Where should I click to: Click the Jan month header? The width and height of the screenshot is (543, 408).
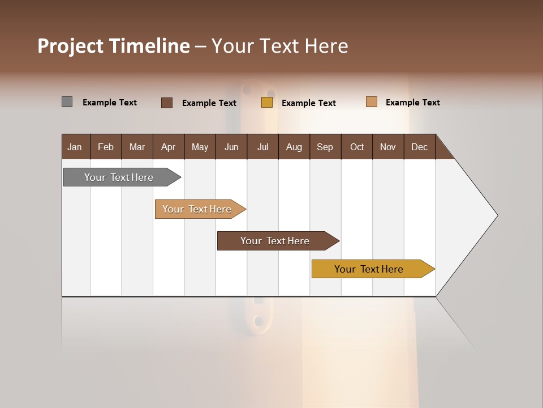pyautogui.click(x=75, y=147)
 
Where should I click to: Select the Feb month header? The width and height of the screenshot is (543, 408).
pyautogui.click(x=106, y=147)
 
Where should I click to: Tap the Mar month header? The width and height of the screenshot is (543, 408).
pyautogui.click(x=137, y=147)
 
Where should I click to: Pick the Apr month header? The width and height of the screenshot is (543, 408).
pyautogui.click(x=169, y=147)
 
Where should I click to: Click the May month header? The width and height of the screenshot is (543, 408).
pyautogui.click(x=200, y=147)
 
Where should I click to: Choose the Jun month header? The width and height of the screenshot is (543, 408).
pyautogui.click(x=231, y=147)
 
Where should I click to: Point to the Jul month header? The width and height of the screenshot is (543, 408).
pyautogui.click(x=262, y=147)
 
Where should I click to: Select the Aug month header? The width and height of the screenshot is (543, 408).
pyautogui.click(x=294, y=147)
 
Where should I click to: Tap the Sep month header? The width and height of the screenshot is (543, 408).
pyautogui.click(x=325, y=147)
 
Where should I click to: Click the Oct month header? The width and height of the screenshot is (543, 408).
pyautogui.click(x=357, y=147)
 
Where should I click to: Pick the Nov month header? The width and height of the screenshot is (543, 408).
pyautogui.click(x=388, y=147)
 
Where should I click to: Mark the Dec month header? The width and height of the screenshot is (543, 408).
pyautogui.click(x=419, y=147)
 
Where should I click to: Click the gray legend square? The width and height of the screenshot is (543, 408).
pyautogui.click(x=67, y=102)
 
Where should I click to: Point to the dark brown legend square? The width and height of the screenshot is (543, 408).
pyautogui.click(x=167, y=103)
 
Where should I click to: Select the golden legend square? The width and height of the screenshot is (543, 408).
pyautogui.click(x=267, y=103)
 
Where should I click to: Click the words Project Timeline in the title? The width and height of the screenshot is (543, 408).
pyautogui.click(x=114, y=46)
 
